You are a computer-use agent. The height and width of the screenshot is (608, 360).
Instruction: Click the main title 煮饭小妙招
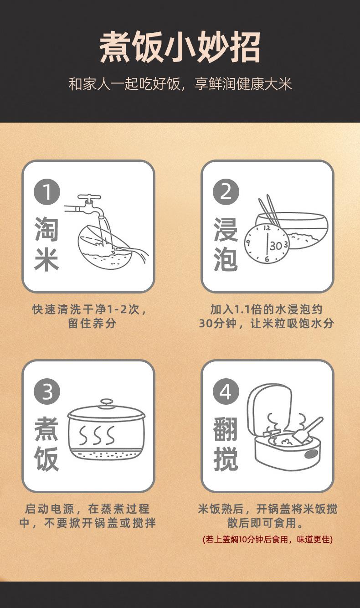pos(180,47)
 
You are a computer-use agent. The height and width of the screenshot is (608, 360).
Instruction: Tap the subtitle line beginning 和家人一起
pos(180,84)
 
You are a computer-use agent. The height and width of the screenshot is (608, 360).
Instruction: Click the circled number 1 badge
pos(47,191)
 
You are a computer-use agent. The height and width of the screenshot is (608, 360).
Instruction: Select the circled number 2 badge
pos(226,191)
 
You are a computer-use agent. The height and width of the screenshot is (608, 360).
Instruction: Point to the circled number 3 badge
pos(47,392)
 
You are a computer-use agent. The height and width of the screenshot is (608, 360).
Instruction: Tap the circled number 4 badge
pos(226,392)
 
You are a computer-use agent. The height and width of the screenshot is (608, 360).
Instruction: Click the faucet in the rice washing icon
pos(87,206)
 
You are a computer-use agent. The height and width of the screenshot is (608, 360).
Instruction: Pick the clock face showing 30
pos(267,243)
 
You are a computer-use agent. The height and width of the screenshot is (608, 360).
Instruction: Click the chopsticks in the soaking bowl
pos(269,211)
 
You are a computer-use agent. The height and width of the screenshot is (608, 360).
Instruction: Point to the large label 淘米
pos(46,244)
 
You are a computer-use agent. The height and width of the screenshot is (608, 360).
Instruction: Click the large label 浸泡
pos(226,244)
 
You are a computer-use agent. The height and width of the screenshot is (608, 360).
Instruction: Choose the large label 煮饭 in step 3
pos(46,444)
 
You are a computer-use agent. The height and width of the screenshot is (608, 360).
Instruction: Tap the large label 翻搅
pos(226,444)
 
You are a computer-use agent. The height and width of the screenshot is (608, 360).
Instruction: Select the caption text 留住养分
pos(92,323)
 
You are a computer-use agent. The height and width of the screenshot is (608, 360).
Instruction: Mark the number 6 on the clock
pos(267,258)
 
